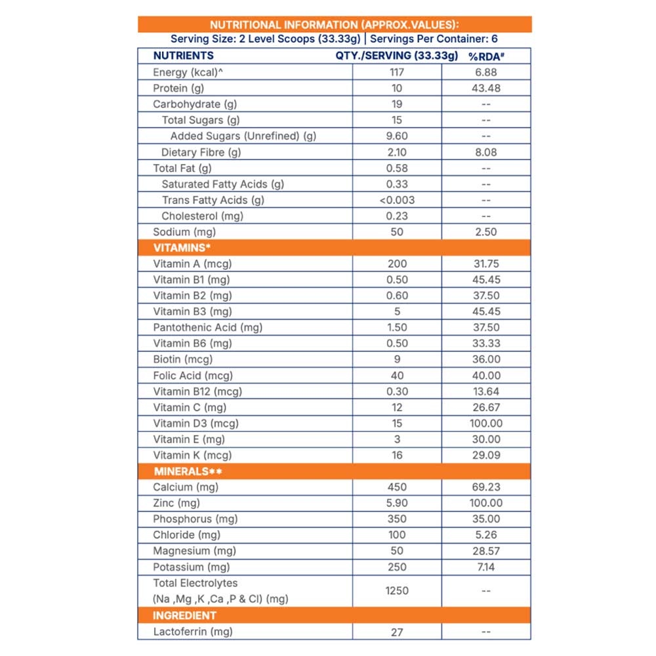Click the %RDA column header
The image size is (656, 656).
tap(485, 56)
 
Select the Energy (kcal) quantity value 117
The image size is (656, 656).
tap(397, 72)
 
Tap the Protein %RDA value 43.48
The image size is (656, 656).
tap(485, 88)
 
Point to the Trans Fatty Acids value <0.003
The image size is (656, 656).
tap(397, 200)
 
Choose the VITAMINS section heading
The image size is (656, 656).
tap(181, 248)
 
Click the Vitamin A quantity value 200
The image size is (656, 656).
tap(397, 264)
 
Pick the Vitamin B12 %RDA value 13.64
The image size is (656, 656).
tap(485, 392)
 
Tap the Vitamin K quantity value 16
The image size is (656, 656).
tap(397, 455)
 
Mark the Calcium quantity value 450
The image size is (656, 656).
tap(397, 487)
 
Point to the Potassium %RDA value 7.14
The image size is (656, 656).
tap(485, 567)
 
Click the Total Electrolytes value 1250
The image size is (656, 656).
tap(397, 590)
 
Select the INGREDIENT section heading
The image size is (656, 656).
tap(184, 615)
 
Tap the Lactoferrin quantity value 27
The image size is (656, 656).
tap(397, 632)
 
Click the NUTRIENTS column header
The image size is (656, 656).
tap(183, 56)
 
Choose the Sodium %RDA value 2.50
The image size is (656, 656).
tap(485, 232)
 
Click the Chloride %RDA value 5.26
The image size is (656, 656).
tap(485, 535)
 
